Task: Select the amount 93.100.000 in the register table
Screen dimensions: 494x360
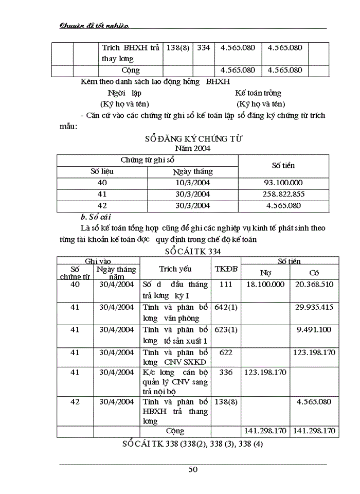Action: (282, 183)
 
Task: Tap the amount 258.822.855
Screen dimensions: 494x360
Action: (282, 194)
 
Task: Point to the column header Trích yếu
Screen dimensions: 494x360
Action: (175, 269)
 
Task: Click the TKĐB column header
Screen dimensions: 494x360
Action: (225, 269)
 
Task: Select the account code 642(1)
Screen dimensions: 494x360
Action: (225, 307)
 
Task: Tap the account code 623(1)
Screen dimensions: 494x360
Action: (225, 330)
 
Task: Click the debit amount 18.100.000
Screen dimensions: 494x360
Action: (265, 285)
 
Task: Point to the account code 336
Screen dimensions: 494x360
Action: (225, 372)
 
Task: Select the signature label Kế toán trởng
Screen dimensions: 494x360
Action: (258, 93)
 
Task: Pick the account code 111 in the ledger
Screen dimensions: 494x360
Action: (225, 285)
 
